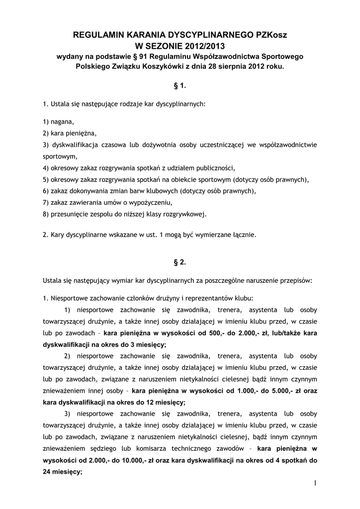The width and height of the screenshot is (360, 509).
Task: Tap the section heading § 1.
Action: (x=180, y=86)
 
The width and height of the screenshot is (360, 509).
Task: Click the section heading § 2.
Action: (x=180, y=261)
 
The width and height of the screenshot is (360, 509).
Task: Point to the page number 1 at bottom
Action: (x=315, y=483)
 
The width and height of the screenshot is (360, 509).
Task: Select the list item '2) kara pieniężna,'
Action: (x=70, y=133)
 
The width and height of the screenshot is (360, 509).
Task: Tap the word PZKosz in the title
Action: (x=270, y=35)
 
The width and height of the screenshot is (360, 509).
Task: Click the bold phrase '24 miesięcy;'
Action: (x=62, y=472)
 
